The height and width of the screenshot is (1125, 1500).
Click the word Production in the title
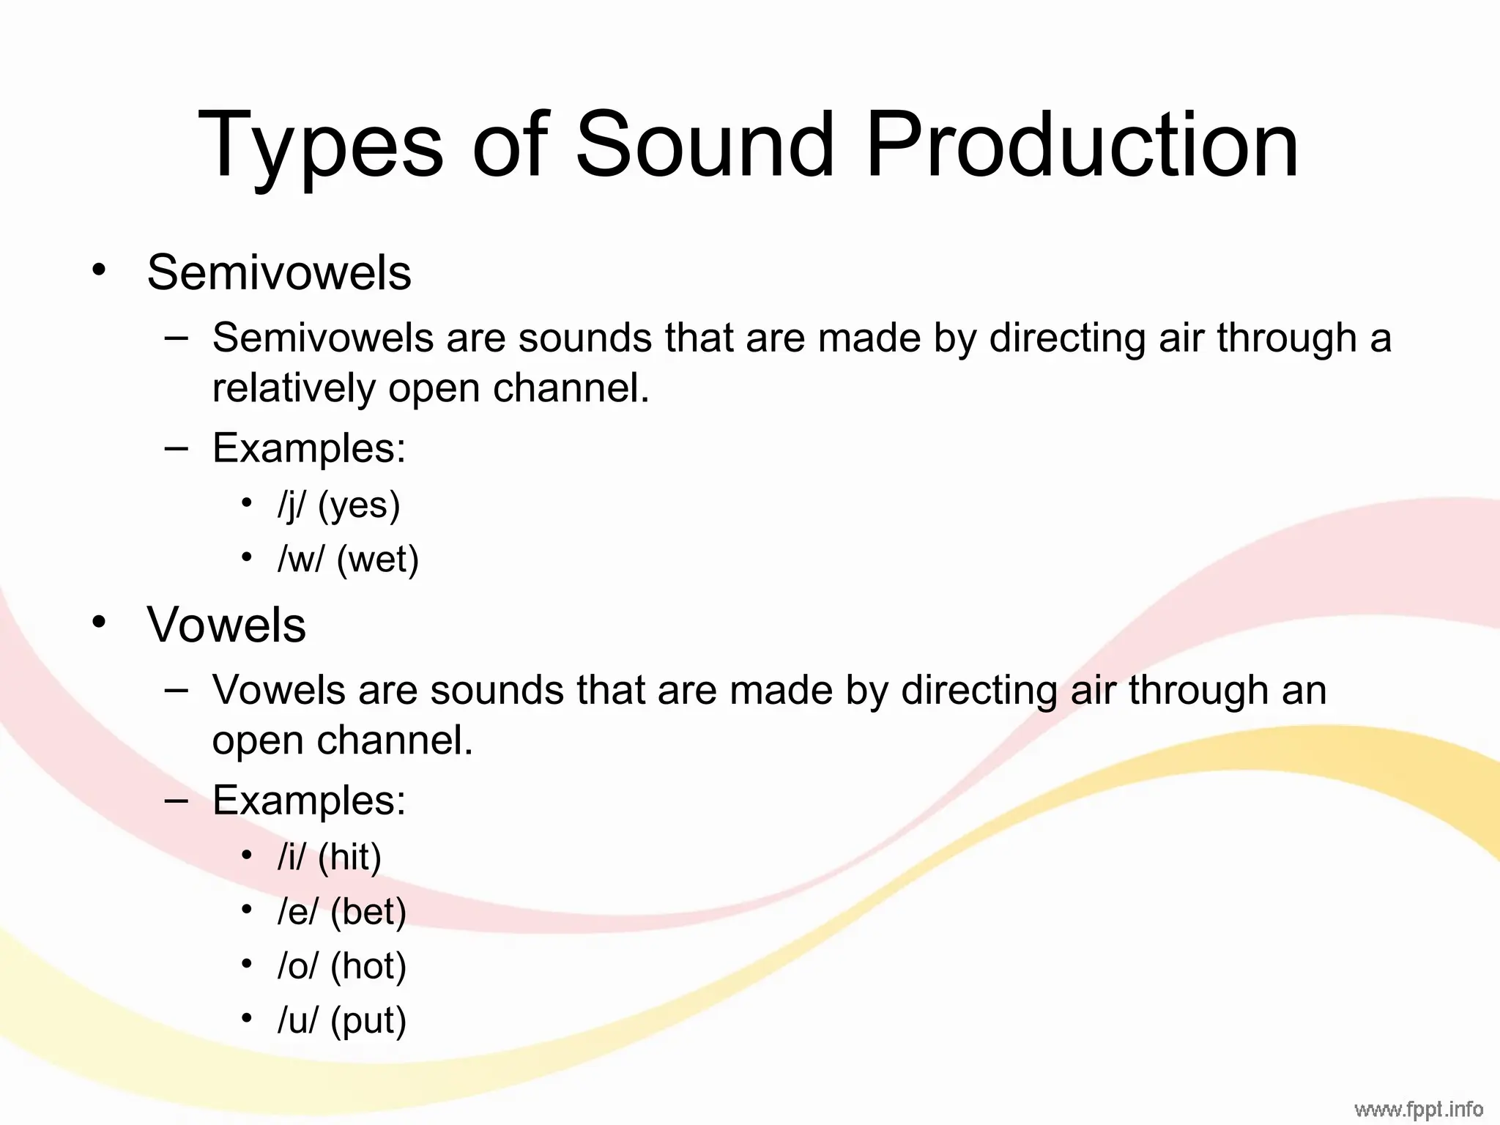pos(1082,144)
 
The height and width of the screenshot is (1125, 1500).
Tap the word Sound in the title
pos(705,144)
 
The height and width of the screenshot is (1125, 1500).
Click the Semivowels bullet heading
pos(279,272)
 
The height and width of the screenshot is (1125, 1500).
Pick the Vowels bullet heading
pos(226,625)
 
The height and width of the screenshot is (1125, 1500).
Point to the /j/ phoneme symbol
pos(292,505)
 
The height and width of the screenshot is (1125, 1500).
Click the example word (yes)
pos(360,505)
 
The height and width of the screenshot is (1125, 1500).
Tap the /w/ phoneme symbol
pos(300,560)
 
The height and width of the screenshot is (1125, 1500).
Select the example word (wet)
pos(378,560)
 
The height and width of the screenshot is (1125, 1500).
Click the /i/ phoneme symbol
pos(291,857)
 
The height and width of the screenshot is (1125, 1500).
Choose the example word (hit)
pos(350,857)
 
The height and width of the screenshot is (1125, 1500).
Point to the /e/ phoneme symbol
pos(298,912)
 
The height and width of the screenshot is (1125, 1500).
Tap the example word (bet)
pos(368,912)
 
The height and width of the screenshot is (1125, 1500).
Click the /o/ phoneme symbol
pos(298,966)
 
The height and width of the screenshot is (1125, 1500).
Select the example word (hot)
pos(368,966)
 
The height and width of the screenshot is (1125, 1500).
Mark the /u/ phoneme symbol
pos(298,1020)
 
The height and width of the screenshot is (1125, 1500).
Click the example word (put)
pos(368,1021)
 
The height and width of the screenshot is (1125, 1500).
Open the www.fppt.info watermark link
pos(1418,1110)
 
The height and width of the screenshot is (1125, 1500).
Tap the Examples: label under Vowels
pos(309,800)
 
